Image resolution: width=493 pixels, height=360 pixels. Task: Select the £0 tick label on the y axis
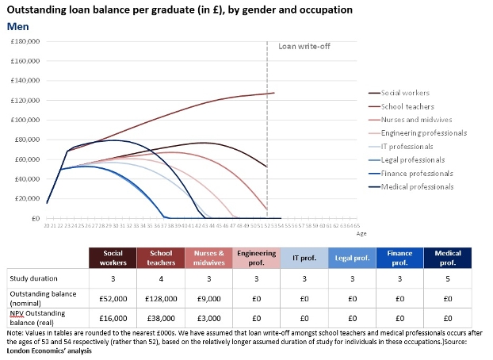pyautogui.click(x=36, y=218)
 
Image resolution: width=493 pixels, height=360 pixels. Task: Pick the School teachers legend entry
pyautogui.click(x=407, y=106)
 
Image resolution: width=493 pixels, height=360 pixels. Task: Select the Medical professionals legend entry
pyautogui.click(x=417, y=186)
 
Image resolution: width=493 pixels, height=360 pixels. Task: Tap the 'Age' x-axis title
pyautogui.click(x=361, y=234)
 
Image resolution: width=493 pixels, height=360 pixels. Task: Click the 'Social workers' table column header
pyautogui.click(x=113, y=257)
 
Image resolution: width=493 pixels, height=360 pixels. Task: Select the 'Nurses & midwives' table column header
pyautogui.click(x=208, y=257)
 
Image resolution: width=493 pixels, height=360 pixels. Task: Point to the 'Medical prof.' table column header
pyautogui.click(x=448, y=257)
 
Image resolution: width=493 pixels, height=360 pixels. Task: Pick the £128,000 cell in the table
pyautogui.click(x=161, y=297)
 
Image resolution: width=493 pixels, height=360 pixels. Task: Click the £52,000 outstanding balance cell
pyautogui.click(x=113, y=297)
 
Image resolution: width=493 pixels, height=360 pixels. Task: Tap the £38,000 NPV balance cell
pyautogui.click(x=161, y=317)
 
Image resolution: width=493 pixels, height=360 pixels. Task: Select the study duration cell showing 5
pyautogui.click(x=448, y=278)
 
